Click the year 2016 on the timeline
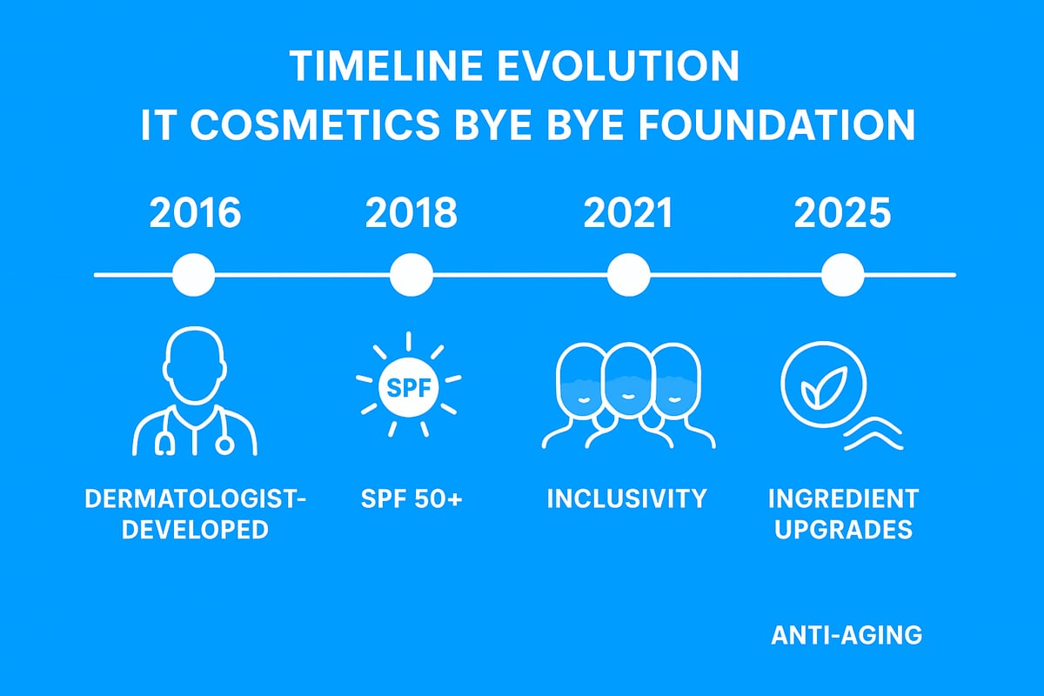pyautogui.click(x=195, y=213)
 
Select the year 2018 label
pyautogui.click(x=411, y=213)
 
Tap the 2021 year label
pyautogui.click(x=628, y=213)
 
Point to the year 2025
pyautogui.click(x=842, y=213)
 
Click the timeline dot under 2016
pyautogui.click(x=194, y=275)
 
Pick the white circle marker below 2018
pyautogui.click(x=412, y=275)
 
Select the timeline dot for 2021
pyautogui.click(x=628, y=275)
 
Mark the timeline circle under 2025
pyautogui.click(x=843, y=275)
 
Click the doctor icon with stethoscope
pyautogui.click(x=195, y=391)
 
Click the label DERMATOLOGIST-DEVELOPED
pyautogui.click(x=195, y=513)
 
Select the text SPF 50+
pyautogui.click(x=410, y=499)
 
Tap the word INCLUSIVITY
pyautogui.click(x=626, y=499)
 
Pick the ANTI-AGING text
pyautogui.click(x=846, y=635)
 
